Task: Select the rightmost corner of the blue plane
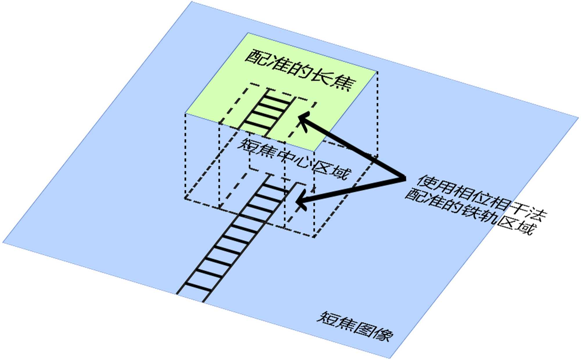click(x=578, y=118)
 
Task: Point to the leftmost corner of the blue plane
click(x=3, y=242)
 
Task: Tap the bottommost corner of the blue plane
click(x=389, y=358)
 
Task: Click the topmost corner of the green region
click(x=248, y=33)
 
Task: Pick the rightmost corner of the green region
click(x=377, y=71)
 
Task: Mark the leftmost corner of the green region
click(x=185, y=113)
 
